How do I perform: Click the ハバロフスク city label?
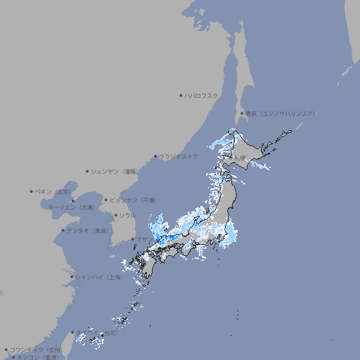(202, 95)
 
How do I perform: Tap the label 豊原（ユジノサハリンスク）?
(280, 113)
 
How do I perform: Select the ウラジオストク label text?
(179, 156)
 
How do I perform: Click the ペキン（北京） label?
(54, 191)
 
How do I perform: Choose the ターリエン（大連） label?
(70, 207)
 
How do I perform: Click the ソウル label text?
(127, 215)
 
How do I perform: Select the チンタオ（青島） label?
(88, 230)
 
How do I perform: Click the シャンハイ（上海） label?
(99, 277)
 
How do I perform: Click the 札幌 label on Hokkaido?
(241, 157)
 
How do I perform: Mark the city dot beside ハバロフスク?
(181, 95)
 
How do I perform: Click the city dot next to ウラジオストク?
(155, 156)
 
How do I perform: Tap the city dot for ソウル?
(115, 215)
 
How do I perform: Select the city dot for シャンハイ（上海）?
(71, 277)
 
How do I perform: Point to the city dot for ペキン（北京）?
(32, 191)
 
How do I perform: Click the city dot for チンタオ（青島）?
(63, 230)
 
